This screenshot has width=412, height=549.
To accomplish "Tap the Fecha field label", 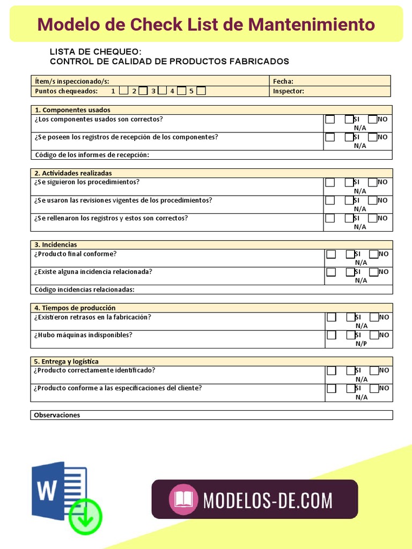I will pos(283,81).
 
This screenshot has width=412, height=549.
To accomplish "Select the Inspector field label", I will pos(288,91).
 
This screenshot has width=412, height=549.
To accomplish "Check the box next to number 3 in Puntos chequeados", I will pos(162,91).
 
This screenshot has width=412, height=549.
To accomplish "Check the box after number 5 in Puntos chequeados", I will pos(201,91).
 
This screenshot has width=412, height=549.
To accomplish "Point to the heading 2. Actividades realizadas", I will pos(73,173).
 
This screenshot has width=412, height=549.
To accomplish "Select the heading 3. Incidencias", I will pos(56,244).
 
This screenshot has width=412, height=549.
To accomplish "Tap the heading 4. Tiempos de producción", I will pos(75,308).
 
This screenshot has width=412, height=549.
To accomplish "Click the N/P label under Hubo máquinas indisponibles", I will pos(361,344).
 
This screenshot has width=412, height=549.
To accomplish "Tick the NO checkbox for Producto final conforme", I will pos(374,254).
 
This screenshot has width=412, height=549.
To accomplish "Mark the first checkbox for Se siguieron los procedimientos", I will pos(330,182).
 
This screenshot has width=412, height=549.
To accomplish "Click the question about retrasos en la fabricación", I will pos(92,317).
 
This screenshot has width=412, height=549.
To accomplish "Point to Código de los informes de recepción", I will pos(92,155).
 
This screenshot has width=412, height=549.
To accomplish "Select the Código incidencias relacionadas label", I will pos(84,290).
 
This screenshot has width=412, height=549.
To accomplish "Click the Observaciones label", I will pos(57,415).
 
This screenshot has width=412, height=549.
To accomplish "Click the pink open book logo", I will pos(184,500).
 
